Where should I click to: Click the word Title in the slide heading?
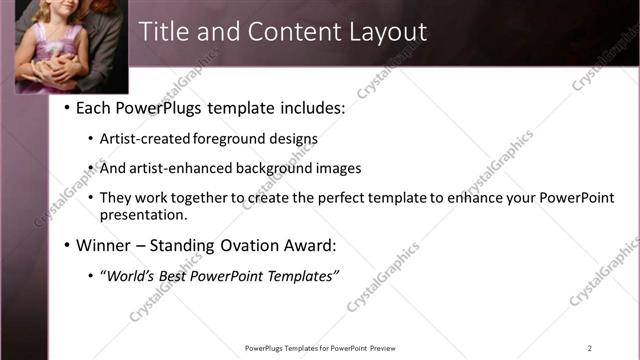[x=164, y=32]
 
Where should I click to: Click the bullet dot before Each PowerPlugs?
[x=66, y=108]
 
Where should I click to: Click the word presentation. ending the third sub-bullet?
[x=143, y=215]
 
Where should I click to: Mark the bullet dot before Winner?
[x=66, y=245]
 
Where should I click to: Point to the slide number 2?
[x=589, y=348]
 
